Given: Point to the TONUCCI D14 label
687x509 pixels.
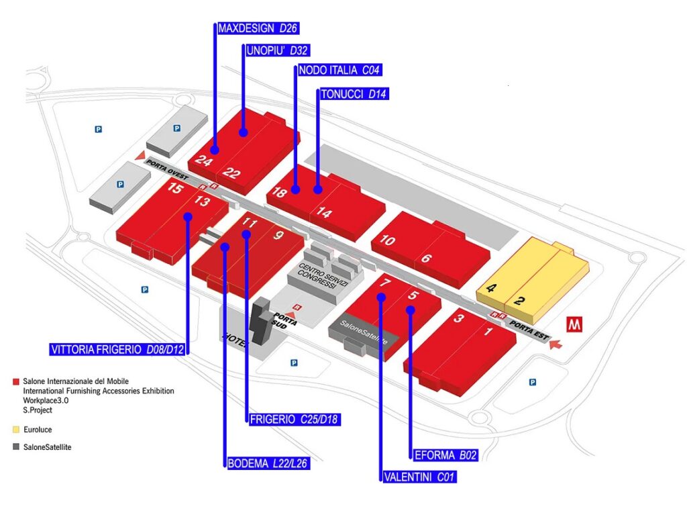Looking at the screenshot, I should (354, 94).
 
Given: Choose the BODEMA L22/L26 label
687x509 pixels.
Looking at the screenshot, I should (266, 463).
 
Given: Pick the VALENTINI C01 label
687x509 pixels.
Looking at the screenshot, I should (423, 477).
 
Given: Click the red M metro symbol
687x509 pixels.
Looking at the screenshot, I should (576, 324).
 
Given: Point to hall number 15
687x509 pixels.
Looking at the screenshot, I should (174, 189).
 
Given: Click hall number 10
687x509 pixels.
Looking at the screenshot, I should (387, 240).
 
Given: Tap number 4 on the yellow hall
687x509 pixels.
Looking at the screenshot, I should (491, 289).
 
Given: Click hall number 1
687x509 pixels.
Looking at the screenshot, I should (488, 331).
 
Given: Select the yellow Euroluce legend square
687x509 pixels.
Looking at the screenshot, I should (15, 428).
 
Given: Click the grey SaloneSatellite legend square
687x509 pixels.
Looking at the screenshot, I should (15, 447).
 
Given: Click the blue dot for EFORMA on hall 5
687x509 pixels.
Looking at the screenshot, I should (411, 310).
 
